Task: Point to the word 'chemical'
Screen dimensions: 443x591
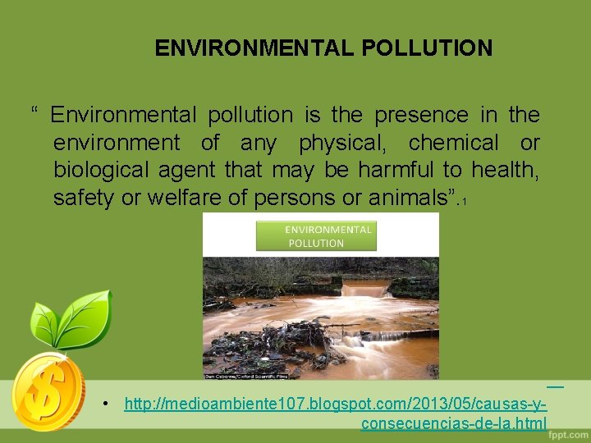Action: click(x=453, y=143)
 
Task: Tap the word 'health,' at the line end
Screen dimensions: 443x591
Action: click(x=508, y=170)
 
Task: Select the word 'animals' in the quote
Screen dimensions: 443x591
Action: click(x=401, y=198)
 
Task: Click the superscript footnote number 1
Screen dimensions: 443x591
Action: click(x=465, y=202)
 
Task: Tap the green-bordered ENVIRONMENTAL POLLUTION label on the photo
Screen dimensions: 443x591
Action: click(x=316, y=236)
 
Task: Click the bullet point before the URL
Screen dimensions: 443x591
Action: click(x=107, y=404)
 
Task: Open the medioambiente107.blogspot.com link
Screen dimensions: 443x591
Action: click(x=335, y=404)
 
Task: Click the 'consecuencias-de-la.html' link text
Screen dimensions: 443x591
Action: click(x=453, y=423)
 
